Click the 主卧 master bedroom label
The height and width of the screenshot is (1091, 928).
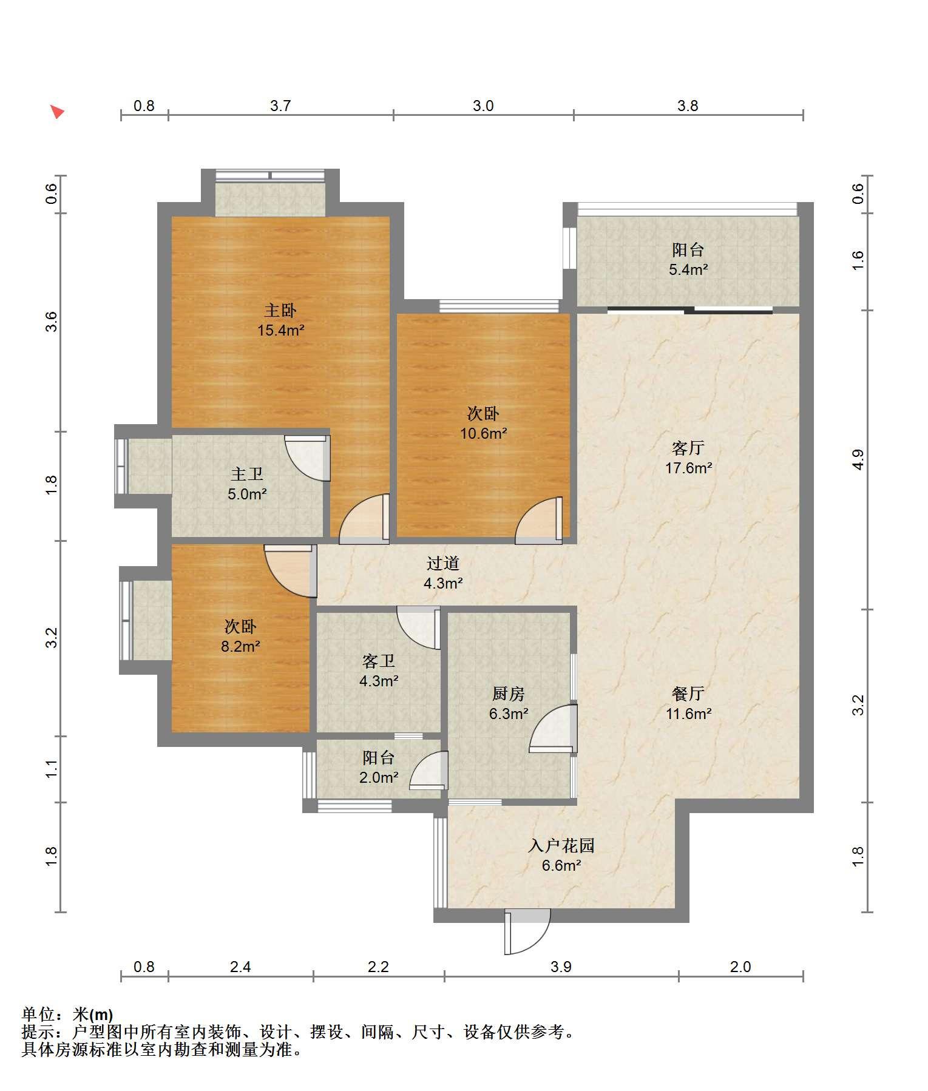(x=280, y=311)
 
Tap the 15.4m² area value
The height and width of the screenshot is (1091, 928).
(x=280, y=331)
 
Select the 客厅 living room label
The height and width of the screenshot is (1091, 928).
(x=688, y=448)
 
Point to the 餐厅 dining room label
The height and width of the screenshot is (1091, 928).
(x=688, y=694)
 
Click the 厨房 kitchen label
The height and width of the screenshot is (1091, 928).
(x=508, y=694)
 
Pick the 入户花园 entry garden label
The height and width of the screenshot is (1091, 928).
(x=561, y=845)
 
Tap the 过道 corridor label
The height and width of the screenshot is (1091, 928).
(x=442, y=563)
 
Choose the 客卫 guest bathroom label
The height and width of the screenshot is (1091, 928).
(x=378, y=661)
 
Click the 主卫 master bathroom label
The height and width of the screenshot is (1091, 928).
(x=247, y=474)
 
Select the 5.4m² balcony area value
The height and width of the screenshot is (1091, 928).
(x=688, y=269)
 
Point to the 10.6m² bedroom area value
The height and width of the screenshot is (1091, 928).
(x=483, y=433)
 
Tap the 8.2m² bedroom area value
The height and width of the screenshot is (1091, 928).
(x=240, y=646)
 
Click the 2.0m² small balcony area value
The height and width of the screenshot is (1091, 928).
(x=378, y=777)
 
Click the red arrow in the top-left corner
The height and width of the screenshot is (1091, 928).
(x=57, y=112)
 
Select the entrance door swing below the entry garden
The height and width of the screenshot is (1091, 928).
(x=527, y=931)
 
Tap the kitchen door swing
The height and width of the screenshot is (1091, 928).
(x=553, y=728)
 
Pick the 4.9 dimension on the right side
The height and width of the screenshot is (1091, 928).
(x=857, y=459)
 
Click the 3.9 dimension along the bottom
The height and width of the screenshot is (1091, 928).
(x=561, y=967)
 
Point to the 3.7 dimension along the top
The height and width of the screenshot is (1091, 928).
(x=280, y=106)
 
